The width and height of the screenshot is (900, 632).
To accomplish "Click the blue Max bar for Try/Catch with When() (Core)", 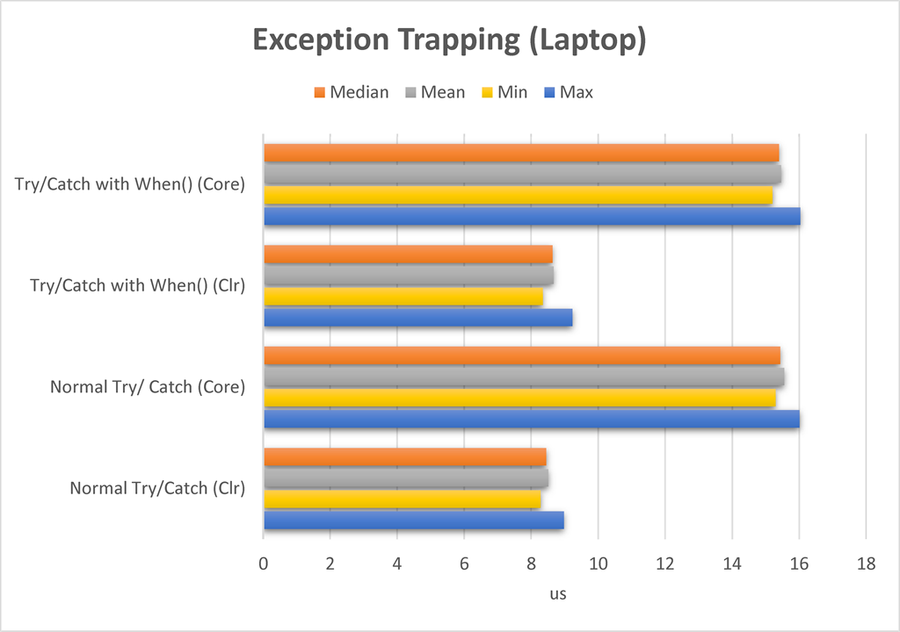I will tap(532, 216).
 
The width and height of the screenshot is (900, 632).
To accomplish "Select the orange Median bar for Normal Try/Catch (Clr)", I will tap(405, 457).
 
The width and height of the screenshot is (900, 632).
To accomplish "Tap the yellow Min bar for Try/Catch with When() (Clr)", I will tap(403, 297).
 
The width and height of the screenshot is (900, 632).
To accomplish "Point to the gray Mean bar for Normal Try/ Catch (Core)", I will tap(524, 377).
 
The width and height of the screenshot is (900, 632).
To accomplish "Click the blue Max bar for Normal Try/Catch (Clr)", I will tap(414, 521).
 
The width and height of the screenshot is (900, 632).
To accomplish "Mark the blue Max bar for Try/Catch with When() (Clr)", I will tap(418, 318).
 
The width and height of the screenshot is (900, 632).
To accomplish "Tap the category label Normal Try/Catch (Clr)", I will tap(157, 488).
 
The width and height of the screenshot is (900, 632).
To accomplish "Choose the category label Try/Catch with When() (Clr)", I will tap(137, 285).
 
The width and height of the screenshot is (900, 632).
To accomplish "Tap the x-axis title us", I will tap(558, 594).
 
